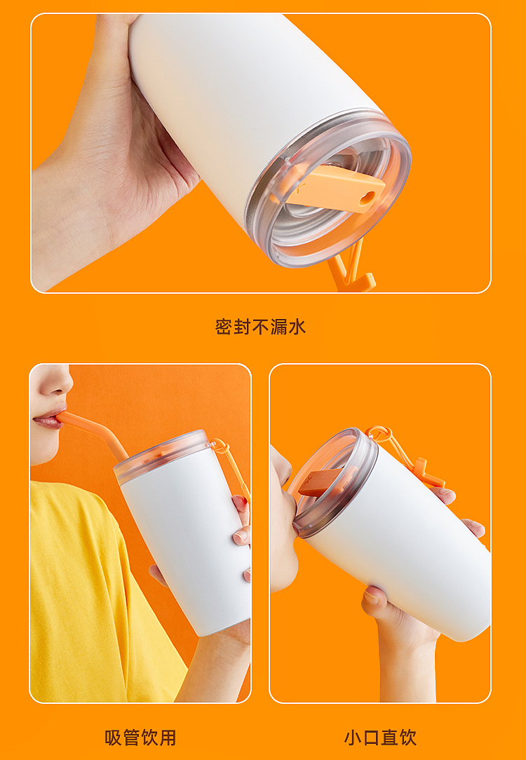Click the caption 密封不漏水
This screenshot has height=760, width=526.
[x=260, y=327]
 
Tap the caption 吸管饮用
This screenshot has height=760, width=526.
[x=140, y=738]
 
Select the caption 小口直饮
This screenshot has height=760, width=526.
[x=380, y=738]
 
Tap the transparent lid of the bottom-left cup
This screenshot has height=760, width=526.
[x=161, y=456]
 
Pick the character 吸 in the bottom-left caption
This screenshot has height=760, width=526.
[x=114, y=738]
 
